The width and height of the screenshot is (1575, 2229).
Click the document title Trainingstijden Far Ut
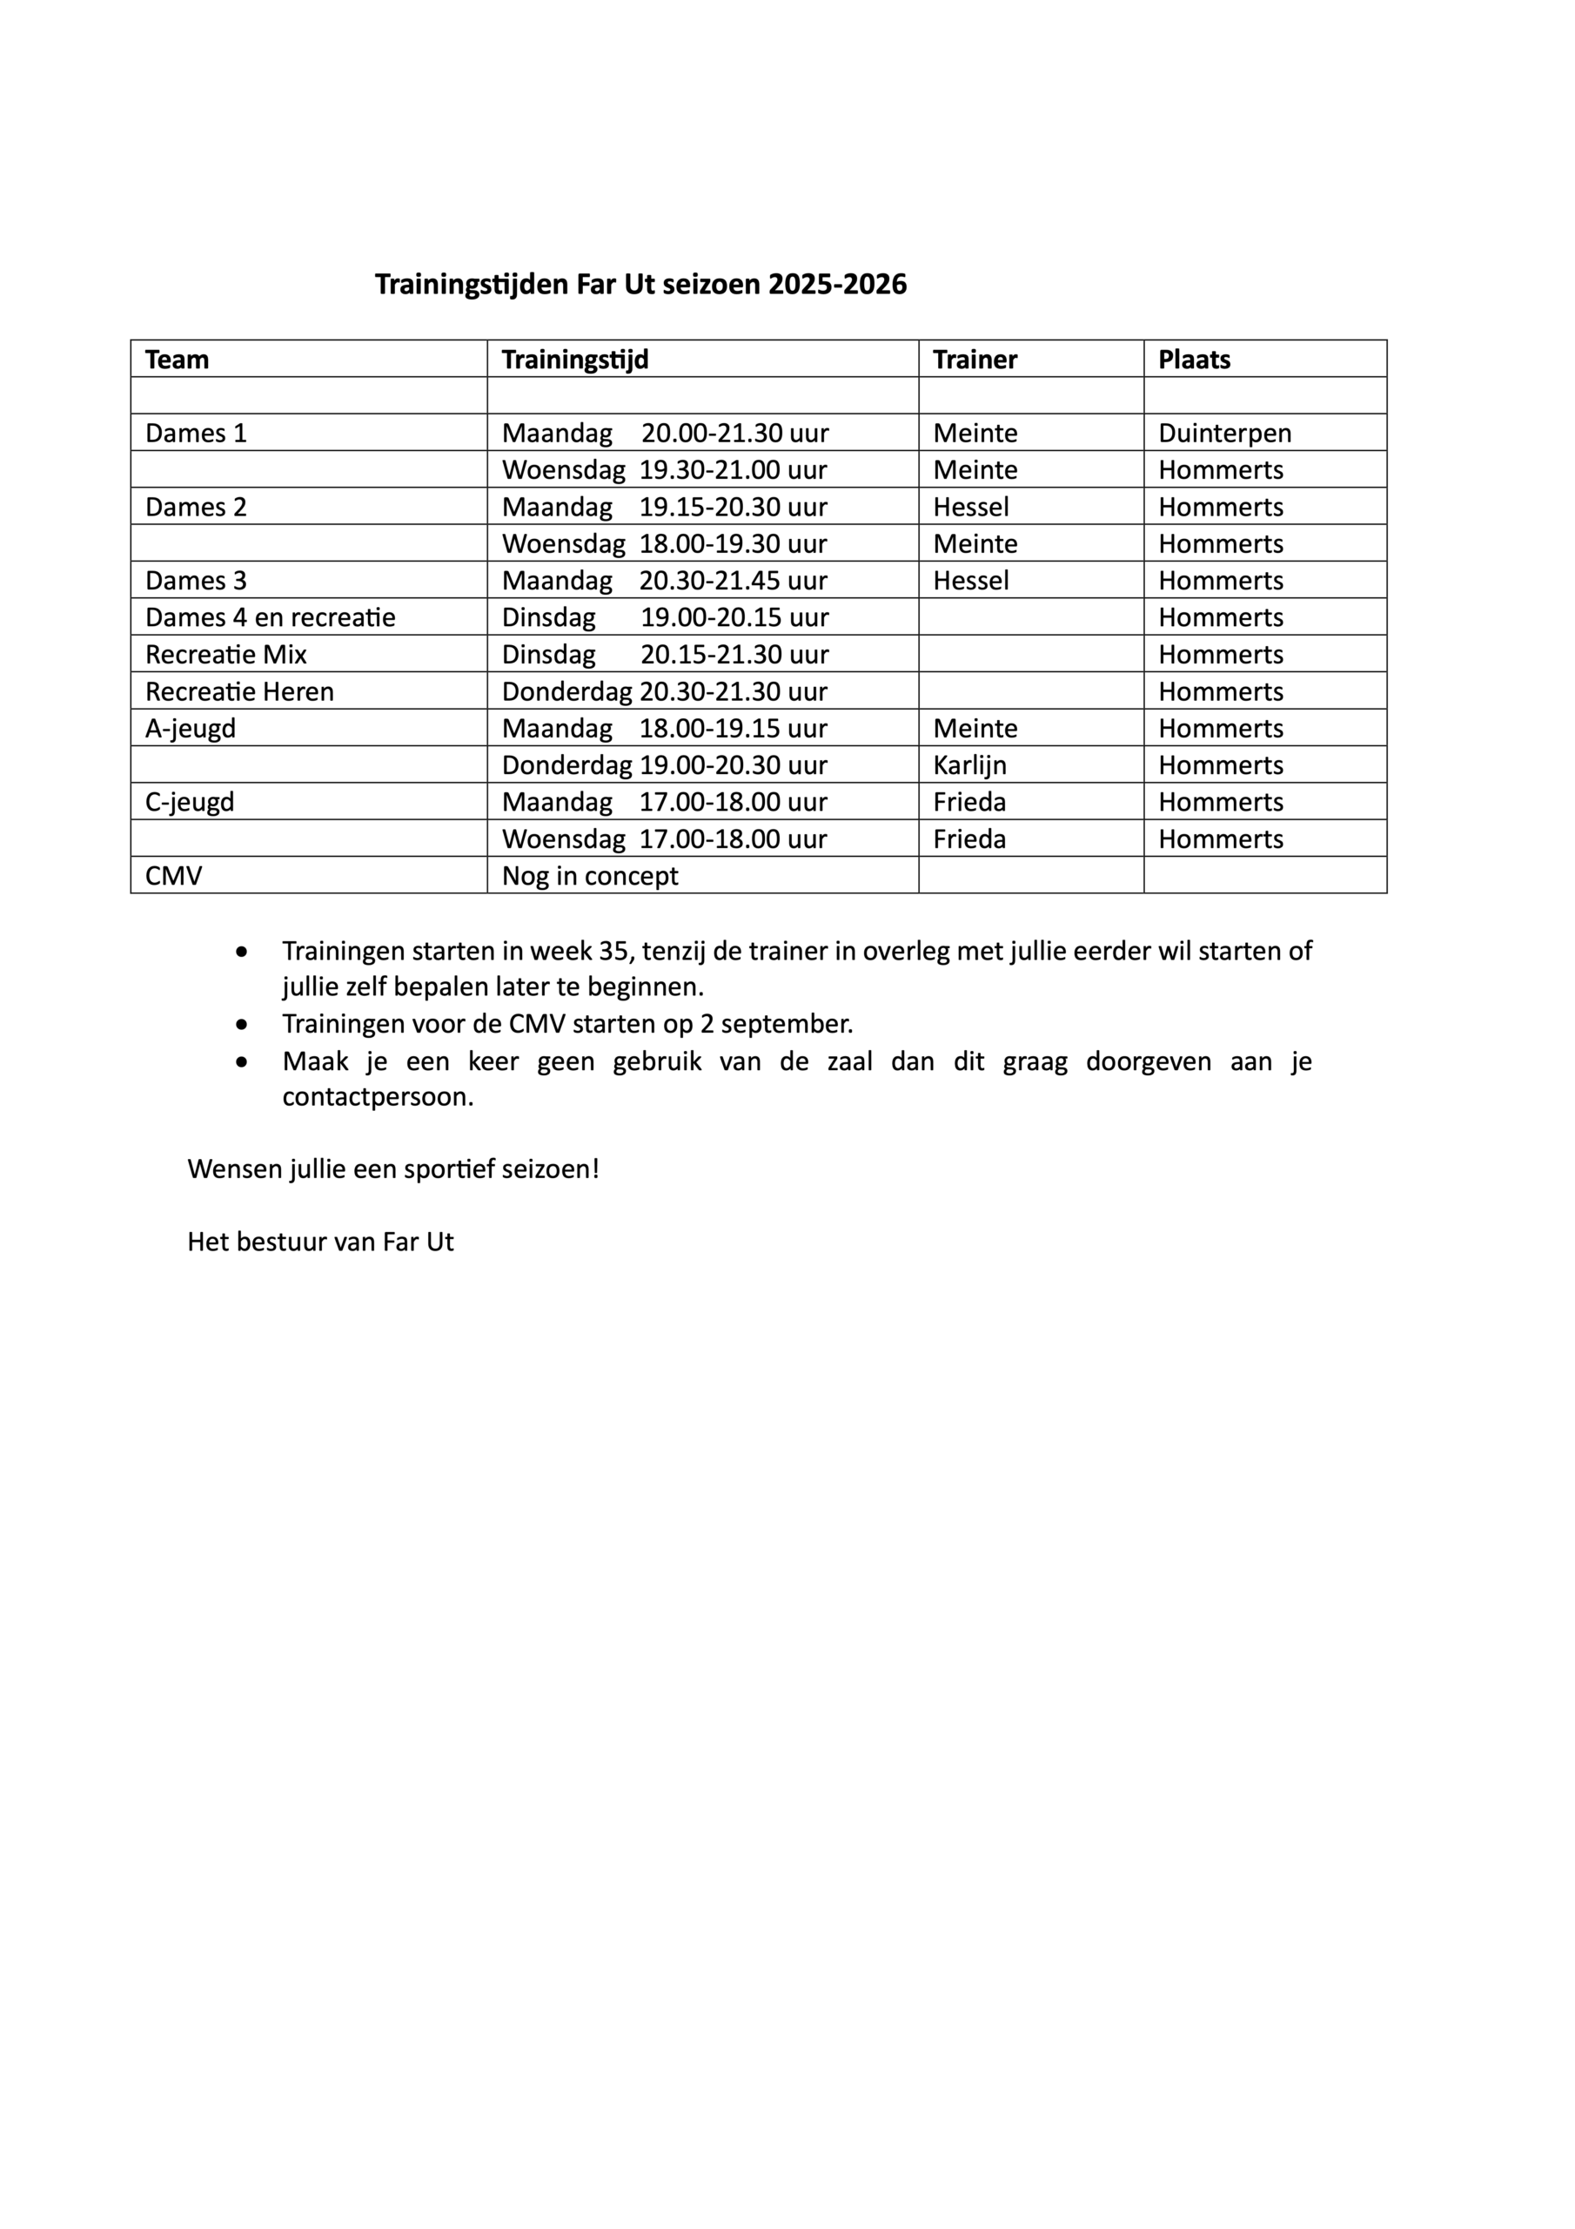640,285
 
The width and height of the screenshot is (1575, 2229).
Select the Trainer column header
975,360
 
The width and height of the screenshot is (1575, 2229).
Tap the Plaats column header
1194,360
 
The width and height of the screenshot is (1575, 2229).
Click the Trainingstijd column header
574,360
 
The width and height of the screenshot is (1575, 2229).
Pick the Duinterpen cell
1223,433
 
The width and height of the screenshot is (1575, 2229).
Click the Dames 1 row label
196,433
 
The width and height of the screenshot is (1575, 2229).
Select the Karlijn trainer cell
969,765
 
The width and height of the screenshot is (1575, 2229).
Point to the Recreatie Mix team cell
226,654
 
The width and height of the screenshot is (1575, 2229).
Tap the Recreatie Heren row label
239,691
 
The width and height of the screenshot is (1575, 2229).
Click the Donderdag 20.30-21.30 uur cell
664,691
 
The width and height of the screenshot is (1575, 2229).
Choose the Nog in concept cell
590,876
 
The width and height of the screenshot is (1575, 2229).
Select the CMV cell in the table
174,876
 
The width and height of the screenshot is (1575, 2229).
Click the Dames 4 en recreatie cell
271,617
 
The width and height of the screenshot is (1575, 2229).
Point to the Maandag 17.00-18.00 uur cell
664,802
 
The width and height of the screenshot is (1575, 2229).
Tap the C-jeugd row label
191,802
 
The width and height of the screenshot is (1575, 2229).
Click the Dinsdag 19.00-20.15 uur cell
664,617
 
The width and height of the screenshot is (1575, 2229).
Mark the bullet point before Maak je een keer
242,1062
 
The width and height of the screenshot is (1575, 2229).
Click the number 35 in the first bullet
613,951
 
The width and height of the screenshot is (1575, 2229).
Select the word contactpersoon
378,1098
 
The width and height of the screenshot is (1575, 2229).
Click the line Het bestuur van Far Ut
320,1242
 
